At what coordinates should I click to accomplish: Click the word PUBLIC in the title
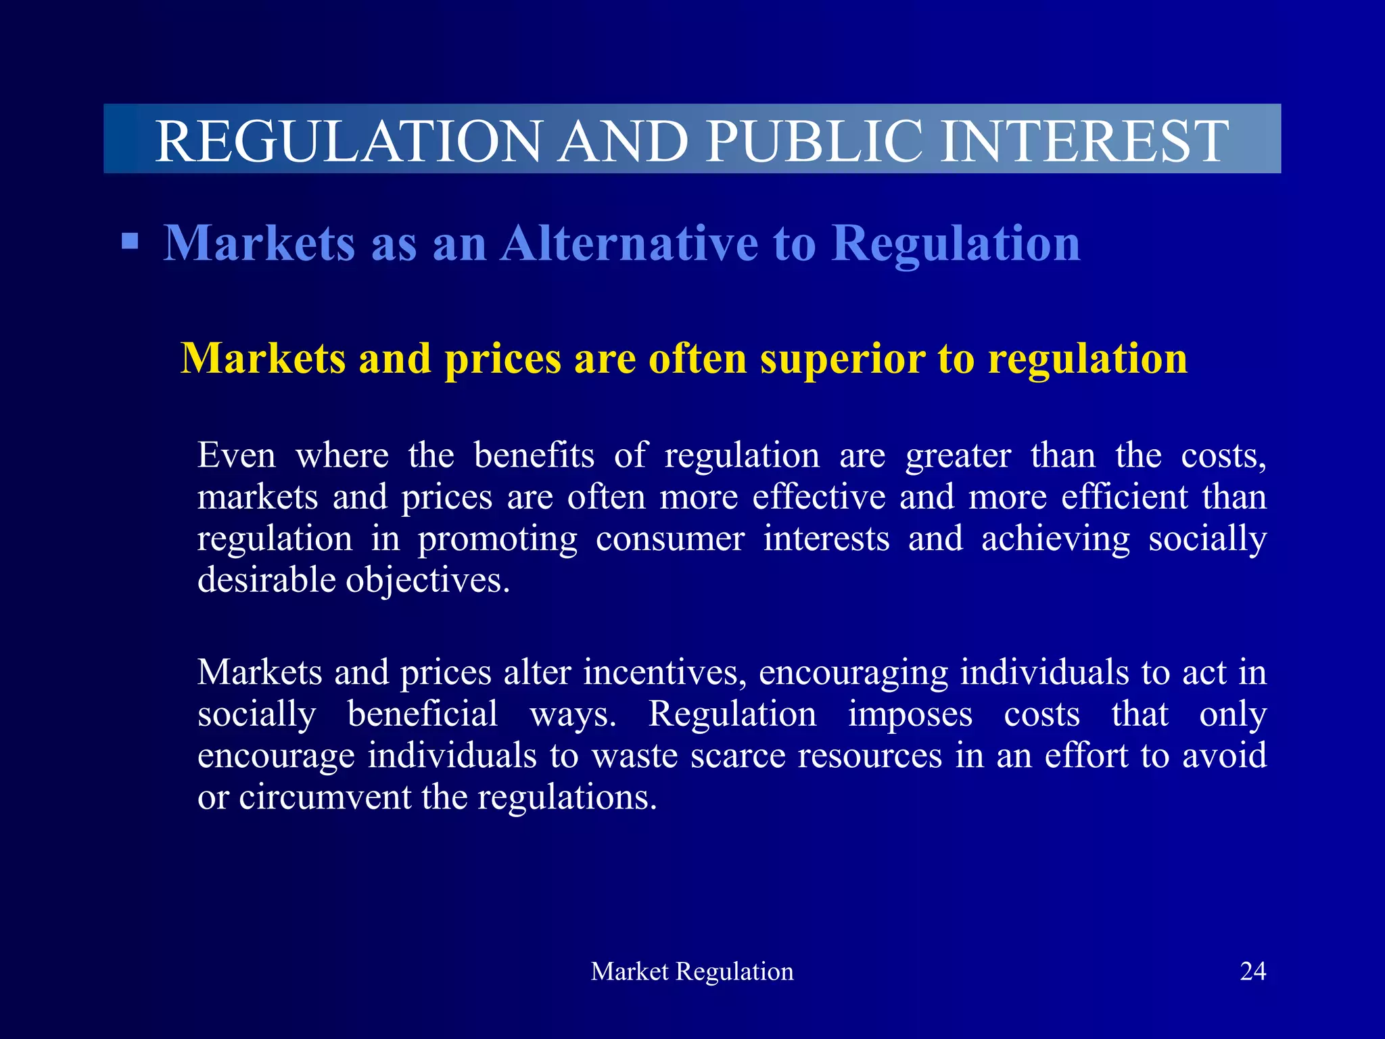[x=814, y=141]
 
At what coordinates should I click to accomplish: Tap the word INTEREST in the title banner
[x=1084, y=141]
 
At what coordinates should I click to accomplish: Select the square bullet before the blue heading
[x=130, y=241]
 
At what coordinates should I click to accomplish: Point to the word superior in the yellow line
[x=842, y=359]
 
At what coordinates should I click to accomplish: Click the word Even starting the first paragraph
[x=237, y=455]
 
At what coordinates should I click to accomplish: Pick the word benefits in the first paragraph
[x=534, y=455]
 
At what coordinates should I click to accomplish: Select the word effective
[x=819, y=497]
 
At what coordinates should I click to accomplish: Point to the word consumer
[x=670, y=539]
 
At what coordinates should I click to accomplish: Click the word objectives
[x=428, y=581]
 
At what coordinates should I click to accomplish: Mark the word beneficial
[x=423, y=714]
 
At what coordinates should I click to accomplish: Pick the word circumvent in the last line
[x=325, y=798]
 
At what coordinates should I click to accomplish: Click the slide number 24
[x=1252, y=971]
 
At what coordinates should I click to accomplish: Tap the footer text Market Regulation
[x=692, y=971]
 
